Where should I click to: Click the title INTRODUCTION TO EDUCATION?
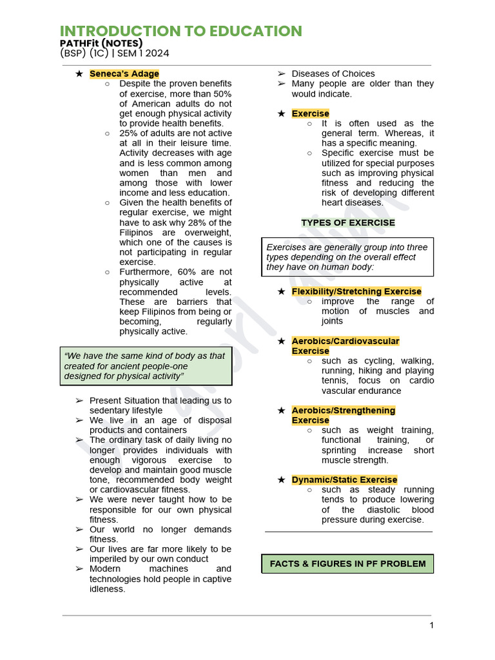click(180, 31)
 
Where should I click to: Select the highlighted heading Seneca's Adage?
click(124, 73)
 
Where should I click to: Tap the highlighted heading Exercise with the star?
click(310, 113)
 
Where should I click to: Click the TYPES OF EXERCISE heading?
click(348, 222)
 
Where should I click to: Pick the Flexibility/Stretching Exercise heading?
click(356, 291)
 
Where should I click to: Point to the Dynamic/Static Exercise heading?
click(344, 480)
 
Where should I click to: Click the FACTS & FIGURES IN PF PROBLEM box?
click(347, 563)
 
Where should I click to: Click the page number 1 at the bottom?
click(431, 625)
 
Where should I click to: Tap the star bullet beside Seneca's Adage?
click(79, 73)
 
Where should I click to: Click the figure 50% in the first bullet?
click(221, 93)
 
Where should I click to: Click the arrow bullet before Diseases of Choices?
click(281, 73)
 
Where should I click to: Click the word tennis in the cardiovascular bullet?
click(335, 380)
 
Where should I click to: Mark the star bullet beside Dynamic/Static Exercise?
click(281, 480)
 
